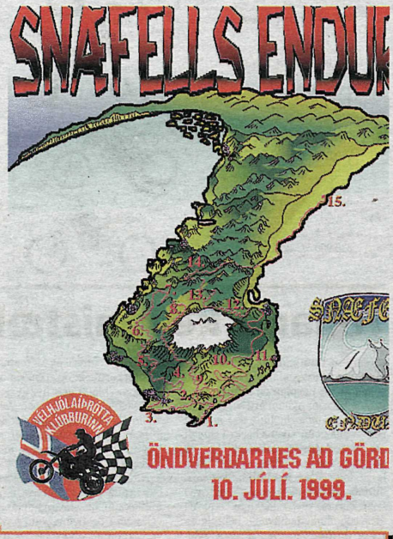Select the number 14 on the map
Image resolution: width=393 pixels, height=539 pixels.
pyautogui.click(x=196, y=261)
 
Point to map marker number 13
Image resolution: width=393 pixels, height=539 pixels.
pyautogui.click(x=196, y=294)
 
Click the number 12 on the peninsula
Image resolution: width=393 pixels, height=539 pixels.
pyautogui.click(x=233, y=304)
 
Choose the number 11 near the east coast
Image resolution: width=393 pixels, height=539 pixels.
pyautogui.click(x=261, y=354)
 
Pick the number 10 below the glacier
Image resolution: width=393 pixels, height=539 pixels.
pyautogui.click(x=221, y=360)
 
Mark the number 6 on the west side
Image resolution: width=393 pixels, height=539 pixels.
pyautogui.click(x=137, y=329)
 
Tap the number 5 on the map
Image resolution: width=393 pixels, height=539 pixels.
pyautogui.click(x=143, y=360)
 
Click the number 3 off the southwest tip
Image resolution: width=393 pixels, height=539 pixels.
pyautogui.click(x=150, y=419)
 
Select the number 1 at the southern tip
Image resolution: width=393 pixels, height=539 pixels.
pyautogui.click(x=214, y=422)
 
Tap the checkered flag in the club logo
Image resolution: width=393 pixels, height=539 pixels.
pyautogui.click(x=116, y=446)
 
